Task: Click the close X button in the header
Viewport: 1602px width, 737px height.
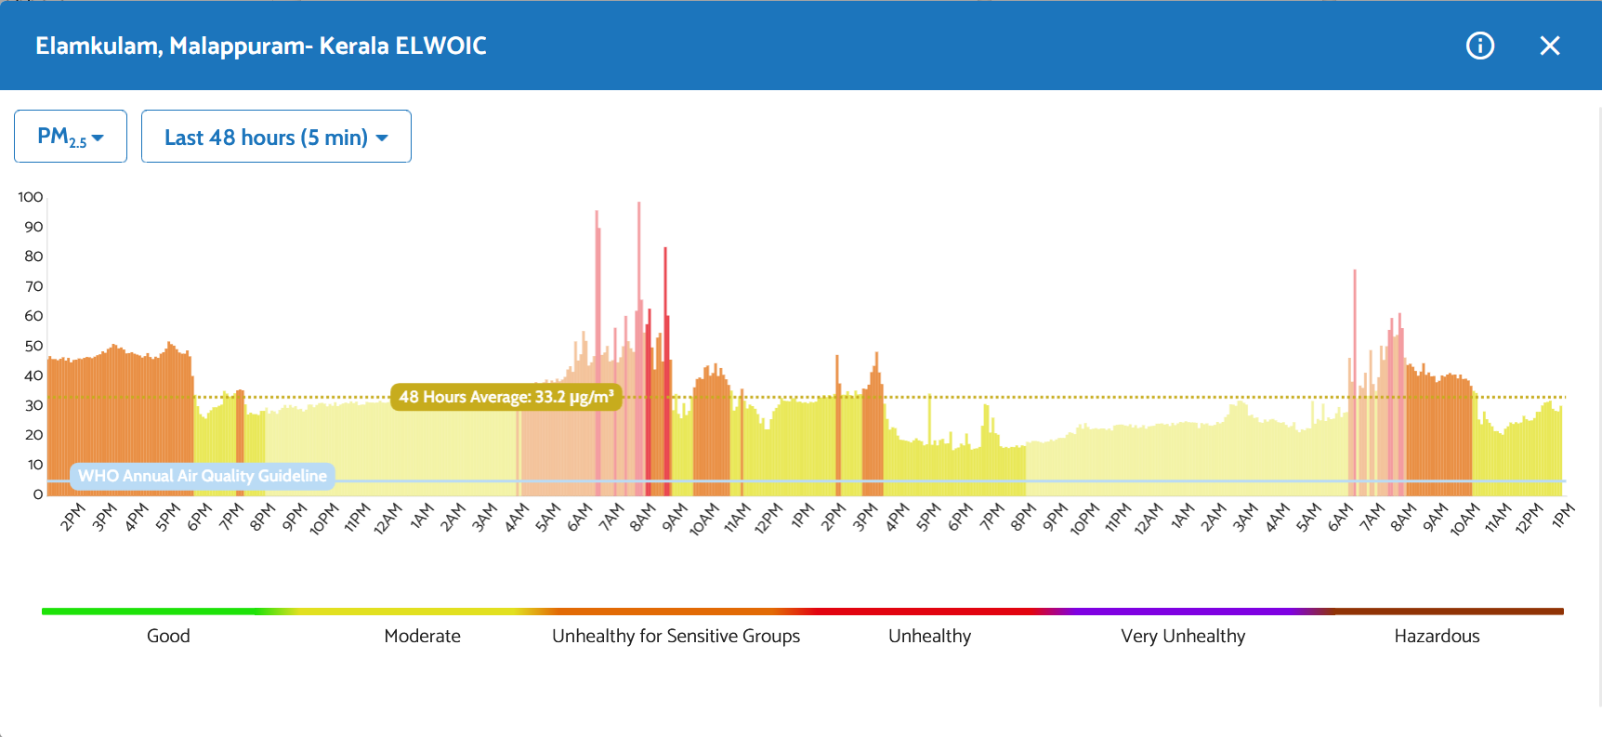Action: pyautogui.click(x=1549, y=46)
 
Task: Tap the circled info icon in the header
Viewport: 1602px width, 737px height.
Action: pyautogui.click(x=1479, y=46)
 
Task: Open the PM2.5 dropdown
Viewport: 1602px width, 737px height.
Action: pyautogui.click(x=71, y=137)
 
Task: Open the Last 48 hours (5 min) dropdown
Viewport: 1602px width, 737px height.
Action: pyautogui.click(x=276, y=137)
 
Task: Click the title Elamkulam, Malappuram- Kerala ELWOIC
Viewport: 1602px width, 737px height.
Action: pyautogui.click(x=261, y=46)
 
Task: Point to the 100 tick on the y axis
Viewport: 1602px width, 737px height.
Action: pyautogui.click(x=31, y=197)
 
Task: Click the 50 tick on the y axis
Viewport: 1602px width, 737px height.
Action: pyautogui.click(x=33, y=346)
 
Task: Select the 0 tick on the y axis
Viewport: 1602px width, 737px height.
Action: pyautogui.click(x=38, y=494)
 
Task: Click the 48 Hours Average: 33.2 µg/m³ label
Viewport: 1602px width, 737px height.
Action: pyautogui.click(x=506, y=397)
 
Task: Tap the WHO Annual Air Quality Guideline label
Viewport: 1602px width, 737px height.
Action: pyautogui.click(x=202, y=476)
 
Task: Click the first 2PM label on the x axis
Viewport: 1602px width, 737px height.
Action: pyautogui.click(x=72, y=517)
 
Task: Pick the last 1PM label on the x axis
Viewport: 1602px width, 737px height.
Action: pyautogui.click(x=1564, y=515)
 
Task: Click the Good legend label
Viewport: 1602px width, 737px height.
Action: pyautogui.click(x=168, y=636)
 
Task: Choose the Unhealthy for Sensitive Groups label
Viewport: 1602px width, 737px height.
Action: pyautogui.click(x=676, y=636)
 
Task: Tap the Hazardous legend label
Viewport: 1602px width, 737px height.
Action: pyautogui.click(x=1437, y=636)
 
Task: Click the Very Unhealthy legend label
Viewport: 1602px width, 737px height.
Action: pyautogui.click(x=1183, y=636)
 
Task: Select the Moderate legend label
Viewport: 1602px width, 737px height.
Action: pyautogui.click(x=422, y=636)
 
